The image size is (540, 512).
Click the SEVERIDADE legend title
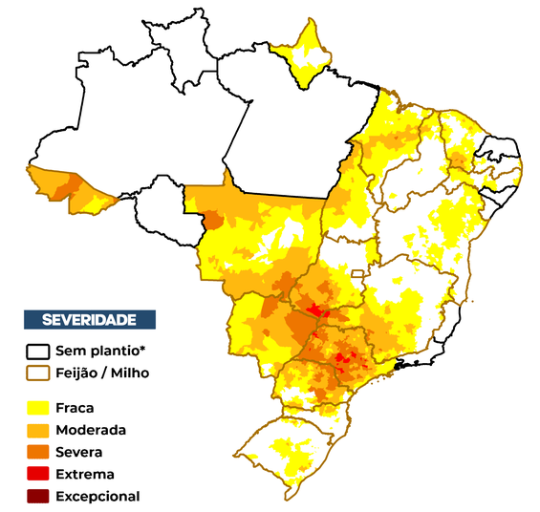[90, 319]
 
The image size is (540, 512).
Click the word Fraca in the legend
[75, 408]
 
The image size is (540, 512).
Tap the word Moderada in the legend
[91, 430]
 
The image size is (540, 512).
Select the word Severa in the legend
[79, 452]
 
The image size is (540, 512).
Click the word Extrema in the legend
[85, 474]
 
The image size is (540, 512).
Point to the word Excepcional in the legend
[97, 496]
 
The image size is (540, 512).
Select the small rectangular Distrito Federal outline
[358, 274]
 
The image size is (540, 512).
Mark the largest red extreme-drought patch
[317, 309]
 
